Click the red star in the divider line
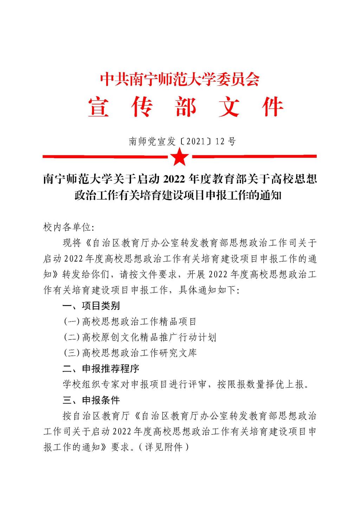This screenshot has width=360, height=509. point(180,157)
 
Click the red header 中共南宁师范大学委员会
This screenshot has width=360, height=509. point(180,79)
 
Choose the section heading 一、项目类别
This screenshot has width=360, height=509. point(91,306)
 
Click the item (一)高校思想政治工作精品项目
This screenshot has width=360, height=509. point(130,321)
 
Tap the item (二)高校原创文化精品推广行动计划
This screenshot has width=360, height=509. point(140,337)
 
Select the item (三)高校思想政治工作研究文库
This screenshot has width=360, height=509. point(130,353)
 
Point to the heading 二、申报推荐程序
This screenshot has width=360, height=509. point(101,368)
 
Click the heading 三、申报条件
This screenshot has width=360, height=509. point(91,400)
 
